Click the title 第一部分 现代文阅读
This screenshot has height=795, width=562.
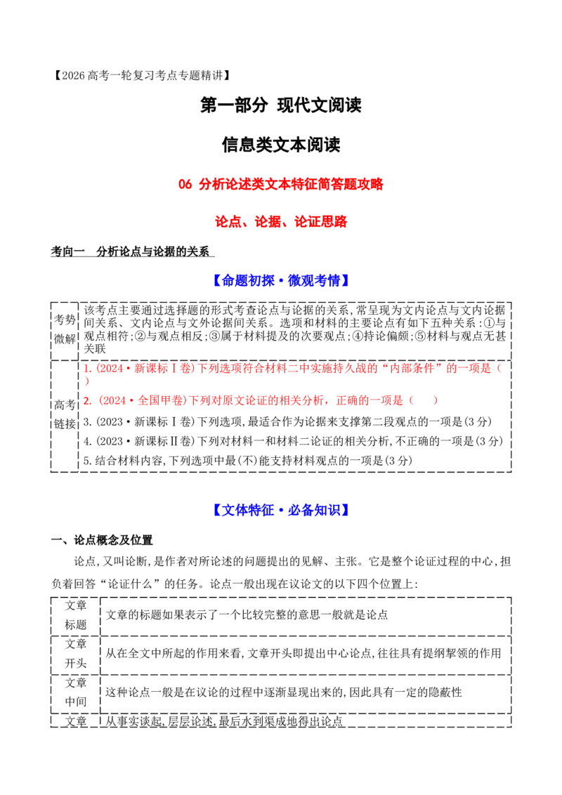coord(280,105)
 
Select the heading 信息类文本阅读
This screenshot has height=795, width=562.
coord(280,145)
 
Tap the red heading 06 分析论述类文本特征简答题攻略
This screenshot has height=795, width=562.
coord(280,184)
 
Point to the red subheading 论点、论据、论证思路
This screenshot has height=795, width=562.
coord(280,221)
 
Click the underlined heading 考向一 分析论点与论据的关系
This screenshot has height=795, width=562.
coord(132,251)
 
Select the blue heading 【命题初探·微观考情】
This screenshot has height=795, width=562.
coord(280,280)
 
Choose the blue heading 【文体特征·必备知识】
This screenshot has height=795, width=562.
coord(280,510)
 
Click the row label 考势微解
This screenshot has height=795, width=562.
coord(65,329)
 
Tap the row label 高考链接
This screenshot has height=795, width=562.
coord(65,414)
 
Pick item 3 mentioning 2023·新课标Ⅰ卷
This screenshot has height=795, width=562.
coord(287,421)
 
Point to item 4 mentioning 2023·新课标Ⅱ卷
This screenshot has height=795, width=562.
coord(293,441)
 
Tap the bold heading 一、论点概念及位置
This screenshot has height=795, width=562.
coord(102,540)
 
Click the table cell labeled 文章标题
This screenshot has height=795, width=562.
coord(76,615)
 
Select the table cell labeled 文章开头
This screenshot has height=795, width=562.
coord(76,654)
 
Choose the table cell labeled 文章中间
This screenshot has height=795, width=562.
coord(76,692)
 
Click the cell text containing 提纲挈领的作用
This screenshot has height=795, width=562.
coord(303,654)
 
